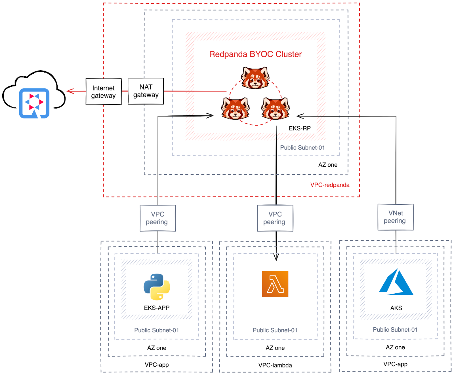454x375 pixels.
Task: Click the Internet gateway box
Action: coord(104,92)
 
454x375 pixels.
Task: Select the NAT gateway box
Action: coord(146,91)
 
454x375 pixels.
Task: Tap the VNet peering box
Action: coord(395,217)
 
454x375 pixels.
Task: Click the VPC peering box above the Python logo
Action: coord(158,218)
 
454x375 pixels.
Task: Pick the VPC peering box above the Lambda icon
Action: coord(275,218)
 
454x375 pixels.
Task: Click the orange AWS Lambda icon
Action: coord(275,284)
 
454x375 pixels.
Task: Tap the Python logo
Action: coord(157,287)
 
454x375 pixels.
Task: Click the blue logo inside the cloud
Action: coord(34,103)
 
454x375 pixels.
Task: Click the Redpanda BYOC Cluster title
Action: coord(255,54)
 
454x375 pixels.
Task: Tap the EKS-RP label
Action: coord(300,128)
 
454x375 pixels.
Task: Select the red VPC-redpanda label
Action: coord(330,185)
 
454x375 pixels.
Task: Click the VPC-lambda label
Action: coord(275,365)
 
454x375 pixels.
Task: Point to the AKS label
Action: coord(396,308)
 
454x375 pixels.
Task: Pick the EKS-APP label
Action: coord(157,308)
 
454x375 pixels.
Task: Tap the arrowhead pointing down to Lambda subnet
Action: coord(276,257)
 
